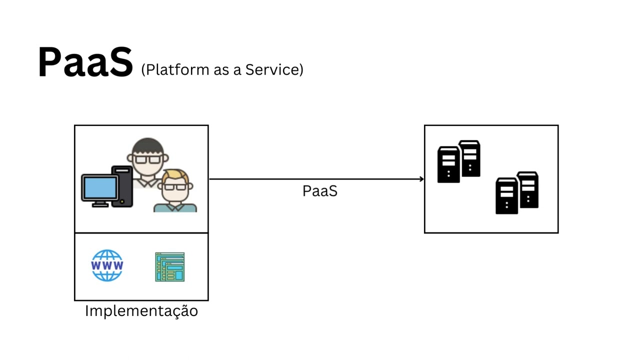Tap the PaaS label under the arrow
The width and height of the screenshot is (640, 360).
coord(320,191)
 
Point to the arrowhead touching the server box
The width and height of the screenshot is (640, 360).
coord(421,179)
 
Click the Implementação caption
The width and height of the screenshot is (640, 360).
coord(141,311)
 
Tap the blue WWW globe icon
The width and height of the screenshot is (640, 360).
coord(107,265)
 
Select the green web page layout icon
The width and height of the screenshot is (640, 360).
coord(169,267)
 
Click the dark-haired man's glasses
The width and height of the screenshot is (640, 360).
coord(148,159)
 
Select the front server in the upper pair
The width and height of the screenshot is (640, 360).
coord(448,164)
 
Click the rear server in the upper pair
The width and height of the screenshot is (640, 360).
coord(471,157)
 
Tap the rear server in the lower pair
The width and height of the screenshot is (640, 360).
coord(528,189)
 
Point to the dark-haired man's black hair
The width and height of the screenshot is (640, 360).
coord(148,146)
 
